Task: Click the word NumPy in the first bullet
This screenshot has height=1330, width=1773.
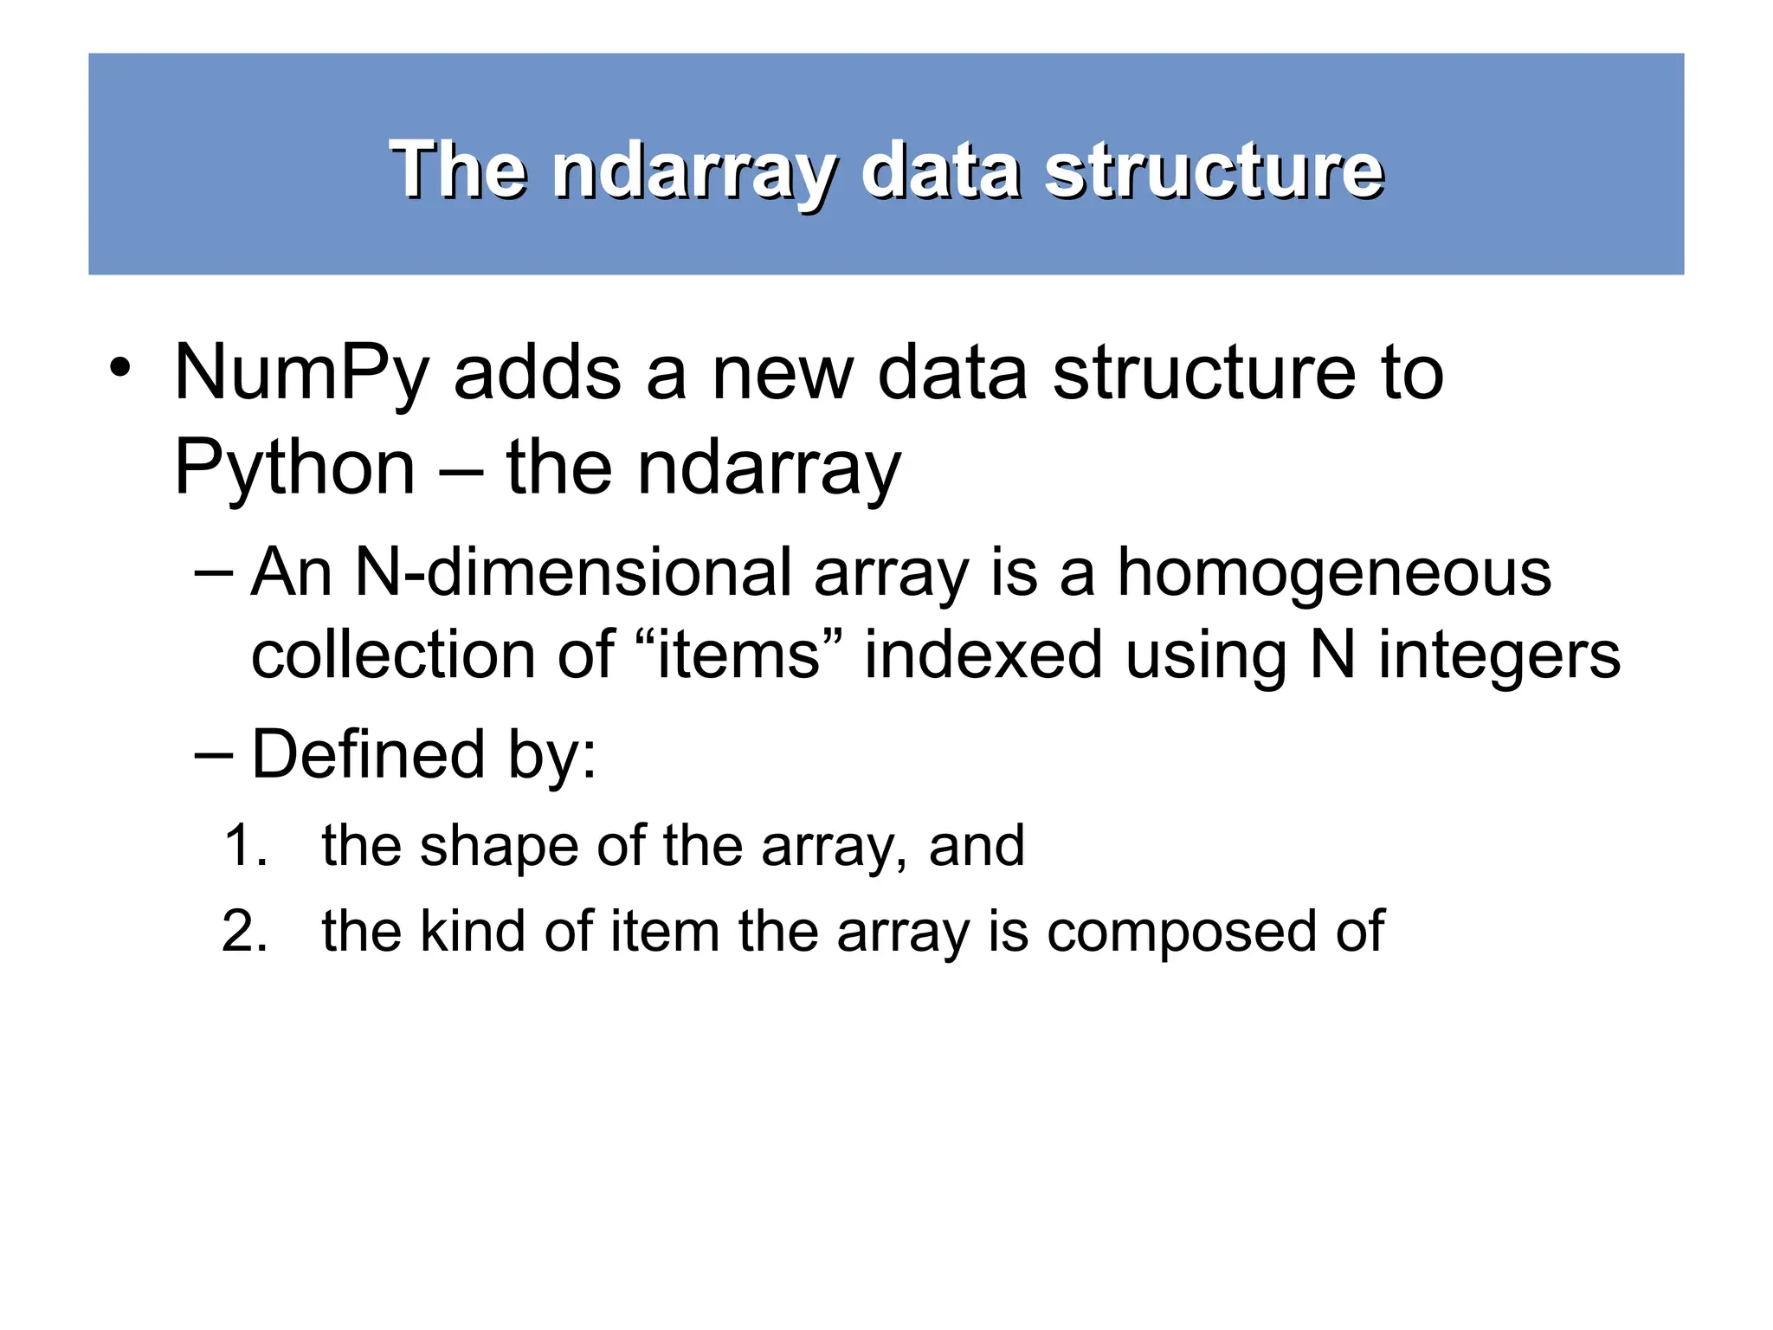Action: [x=301, y=373]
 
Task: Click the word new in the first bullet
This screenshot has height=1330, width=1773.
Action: [x=782, y=373]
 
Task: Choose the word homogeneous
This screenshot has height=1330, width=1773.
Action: [x=1333, y=573]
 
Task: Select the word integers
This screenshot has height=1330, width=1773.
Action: [x=1499, y=656]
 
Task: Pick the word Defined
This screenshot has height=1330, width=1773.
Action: [x=368, y=754]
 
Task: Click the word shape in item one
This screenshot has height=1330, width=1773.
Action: [x=499, y=847]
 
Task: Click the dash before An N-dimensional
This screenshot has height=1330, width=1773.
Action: [x=213, y=573]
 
